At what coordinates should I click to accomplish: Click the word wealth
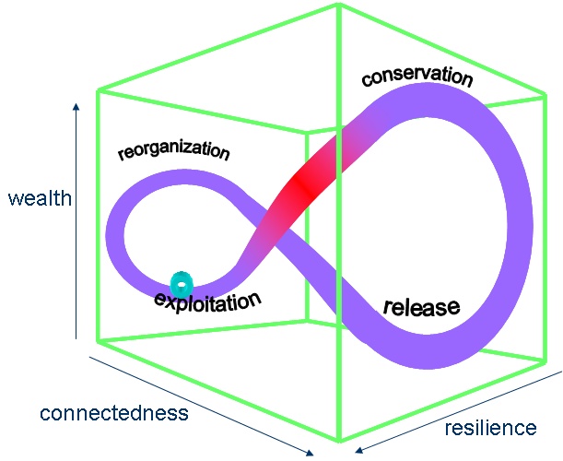(39, 198)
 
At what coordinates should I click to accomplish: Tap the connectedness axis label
(114, 412)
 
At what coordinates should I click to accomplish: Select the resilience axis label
(490, 428)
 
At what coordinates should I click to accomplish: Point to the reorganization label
(173, 150)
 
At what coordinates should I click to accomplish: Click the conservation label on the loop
(417, 76)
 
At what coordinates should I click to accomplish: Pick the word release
(420, 306)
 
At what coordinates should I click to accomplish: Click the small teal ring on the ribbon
(183, 283)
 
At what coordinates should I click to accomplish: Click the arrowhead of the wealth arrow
(76, 106)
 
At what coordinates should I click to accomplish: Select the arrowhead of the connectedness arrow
(311, 451)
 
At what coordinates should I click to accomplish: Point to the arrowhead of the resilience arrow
(358, 451)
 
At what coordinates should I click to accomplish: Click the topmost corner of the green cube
(338, 5)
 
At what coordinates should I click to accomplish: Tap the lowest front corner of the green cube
(340, 439)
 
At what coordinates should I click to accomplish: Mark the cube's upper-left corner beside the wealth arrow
(98, 90)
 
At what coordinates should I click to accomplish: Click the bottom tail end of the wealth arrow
(76, 339)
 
